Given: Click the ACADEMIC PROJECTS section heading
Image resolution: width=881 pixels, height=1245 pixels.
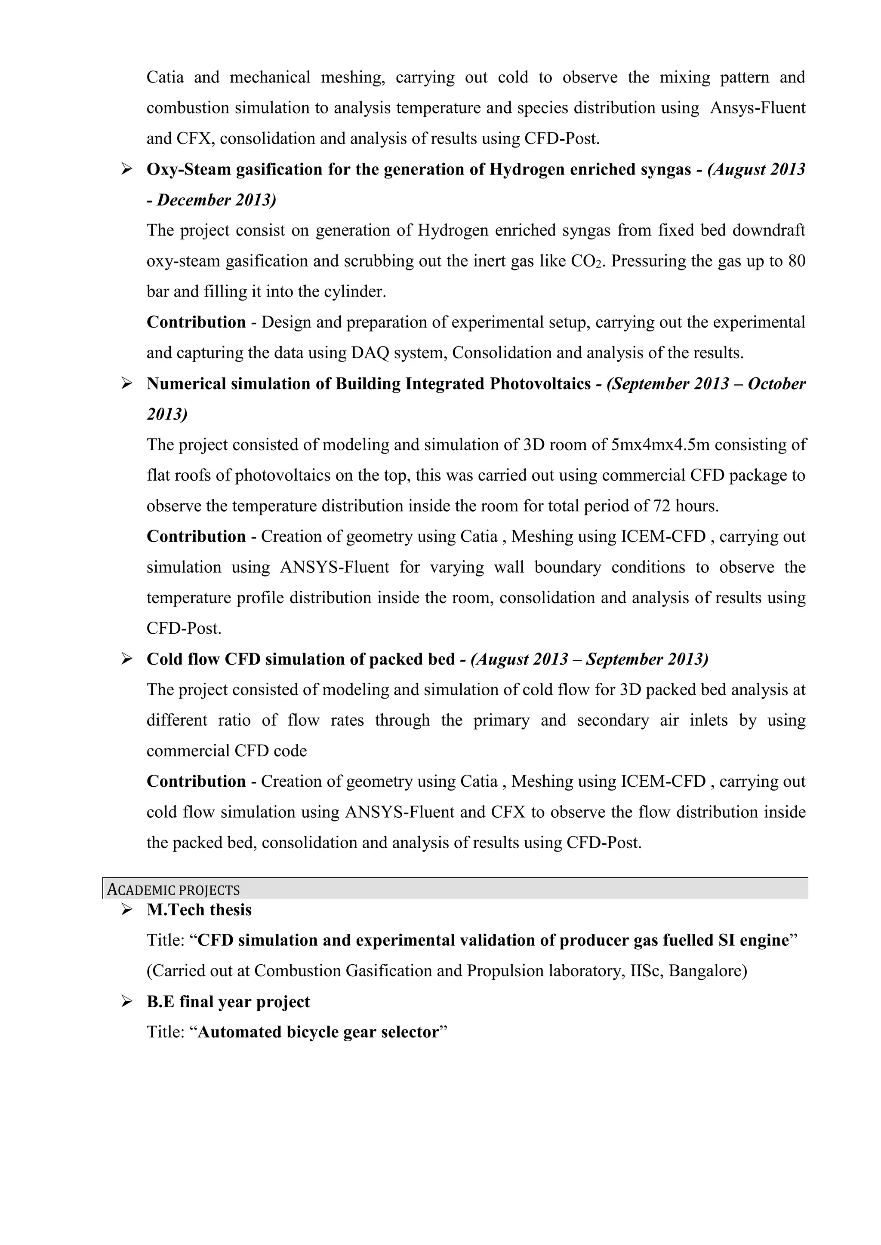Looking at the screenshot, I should click(174, 890).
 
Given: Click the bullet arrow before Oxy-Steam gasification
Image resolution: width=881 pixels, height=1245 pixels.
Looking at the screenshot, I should click(127, 170).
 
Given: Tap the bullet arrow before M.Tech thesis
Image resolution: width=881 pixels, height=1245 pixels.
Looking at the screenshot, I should click(127, 909).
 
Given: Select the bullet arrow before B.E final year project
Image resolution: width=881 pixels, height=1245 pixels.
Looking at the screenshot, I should click(127, 1002).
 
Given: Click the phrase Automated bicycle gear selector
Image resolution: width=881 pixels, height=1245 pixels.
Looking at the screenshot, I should click(318, 1032).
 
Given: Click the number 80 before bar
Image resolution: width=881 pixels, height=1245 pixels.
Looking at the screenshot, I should click(796, 261).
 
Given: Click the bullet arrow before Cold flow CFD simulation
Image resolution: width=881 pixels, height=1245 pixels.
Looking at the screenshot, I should click(127, 659).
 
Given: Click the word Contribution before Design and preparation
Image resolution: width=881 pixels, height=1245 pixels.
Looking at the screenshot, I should click(197, 322).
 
